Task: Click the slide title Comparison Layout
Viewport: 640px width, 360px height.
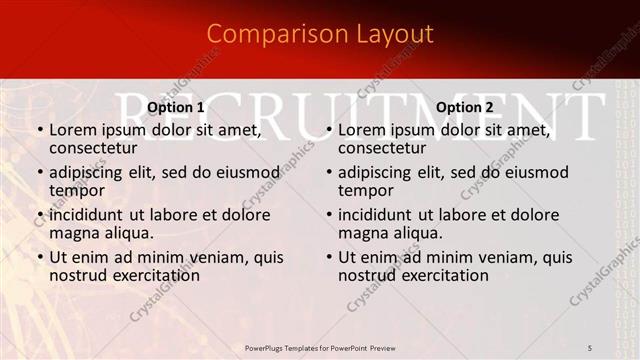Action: [320, 34]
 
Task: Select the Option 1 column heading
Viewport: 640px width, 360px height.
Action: [176, 107]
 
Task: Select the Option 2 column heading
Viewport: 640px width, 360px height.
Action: [464, 107]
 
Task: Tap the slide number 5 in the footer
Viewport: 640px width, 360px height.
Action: [590, 347]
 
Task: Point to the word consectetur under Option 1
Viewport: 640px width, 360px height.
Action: [92, 148]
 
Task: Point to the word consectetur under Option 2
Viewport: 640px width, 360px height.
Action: [381, 148]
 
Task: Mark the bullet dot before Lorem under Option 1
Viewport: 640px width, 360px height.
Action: [40, 130]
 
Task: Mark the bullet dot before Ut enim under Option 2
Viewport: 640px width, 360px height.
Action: [329, 257]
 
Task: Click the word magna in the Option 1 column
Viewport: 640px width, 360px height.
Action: [71, 233]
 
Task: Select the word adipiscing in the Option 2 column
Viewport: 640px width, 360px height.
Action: [375, 172]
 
